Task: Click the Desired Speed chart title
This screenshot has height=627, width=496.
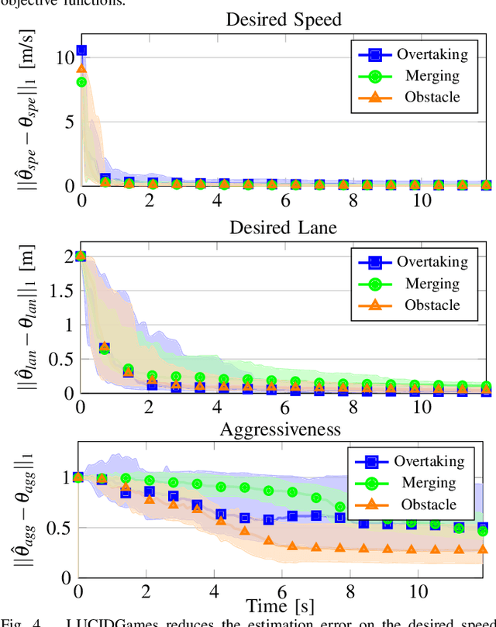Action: (284, 19)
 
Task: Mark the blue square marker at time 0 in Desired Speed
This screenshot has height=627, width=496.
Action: (81, 50)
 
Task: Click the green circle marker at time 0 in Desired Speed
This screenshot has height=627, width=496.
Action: (81, 82)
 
